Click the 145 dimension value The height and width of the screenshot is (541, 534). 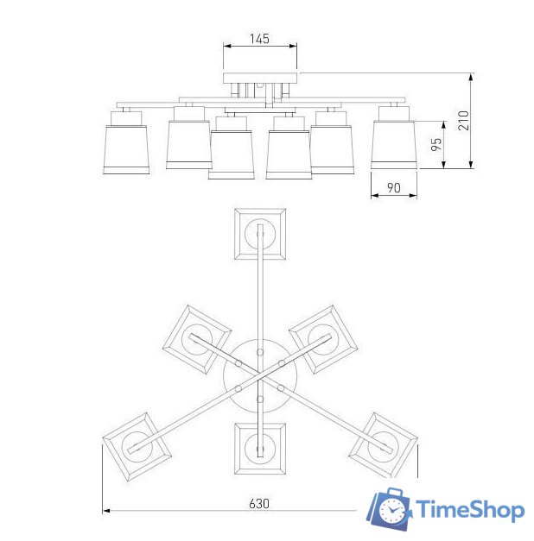click(259, 39)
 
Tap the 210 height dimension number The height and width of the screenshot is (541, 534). click(464, 121)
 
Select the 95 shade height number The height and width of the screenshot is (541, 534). click(436, 144)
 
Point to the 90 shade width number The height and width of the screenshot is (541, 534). click(394, 188)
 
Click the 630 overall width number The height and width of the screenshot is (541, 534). click(259, 504)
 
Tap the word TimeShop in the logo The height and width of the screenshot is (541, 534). click(470, 510)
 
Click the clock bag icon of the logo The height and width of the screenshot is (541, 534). click(389, 509)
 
